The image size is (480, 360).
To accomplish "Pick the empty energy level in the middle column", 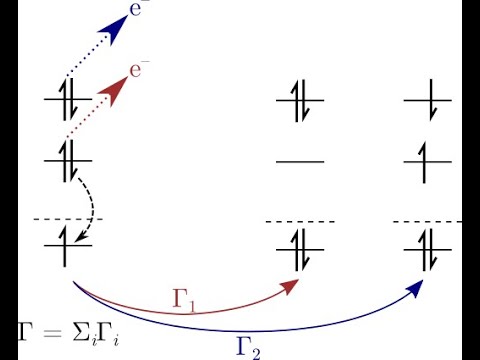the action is pos(299,160).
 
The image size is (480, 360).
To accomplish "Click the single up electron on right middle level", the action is pos(428,159).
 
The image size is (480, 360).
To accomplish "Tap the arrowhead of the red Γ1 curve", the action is pos(292,287).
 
